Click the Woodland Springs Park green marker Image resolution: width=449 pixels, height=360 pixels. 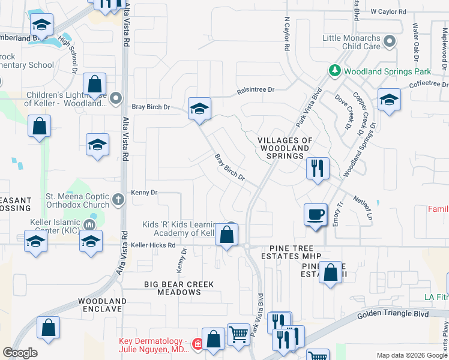pos(335,71)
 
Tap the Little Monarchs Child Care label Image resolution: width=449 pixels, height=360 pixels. pos(360,42)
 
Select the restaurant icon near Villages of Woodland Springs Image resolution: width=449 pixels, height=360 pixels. pos(318,167)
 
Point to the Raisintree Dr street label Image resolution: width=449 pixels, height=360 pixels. pos(255,89)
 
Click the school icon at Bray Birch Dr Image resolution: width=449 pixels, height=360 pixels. pos(199,109)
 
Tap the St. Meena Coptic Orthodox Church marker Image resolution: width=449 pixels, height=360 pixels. pos(119,199)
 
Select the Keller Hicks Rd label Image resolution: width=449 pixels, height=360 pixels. pos(153,245)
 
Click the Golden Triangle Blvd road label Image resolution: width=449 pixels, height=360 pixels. pos(393,314)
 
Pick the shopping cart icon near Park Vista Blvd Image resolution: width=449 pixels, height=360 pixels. pos(239,335)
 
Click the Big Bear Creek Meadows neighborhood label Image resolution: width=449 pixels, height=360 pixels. pos(171,287)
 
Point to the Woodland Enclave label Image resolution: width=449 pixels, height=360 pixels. pos(102,305)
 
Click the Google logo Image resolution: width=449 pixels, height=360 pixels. pos(20,353)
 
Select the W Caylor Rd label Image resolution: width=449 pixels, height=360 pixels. pos(388,11)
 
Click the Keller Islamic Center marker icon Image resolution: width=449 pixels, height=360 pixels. pos(90,225)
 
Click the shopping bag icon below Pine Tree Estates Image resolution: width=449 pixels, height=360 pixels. pos(330,273)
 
